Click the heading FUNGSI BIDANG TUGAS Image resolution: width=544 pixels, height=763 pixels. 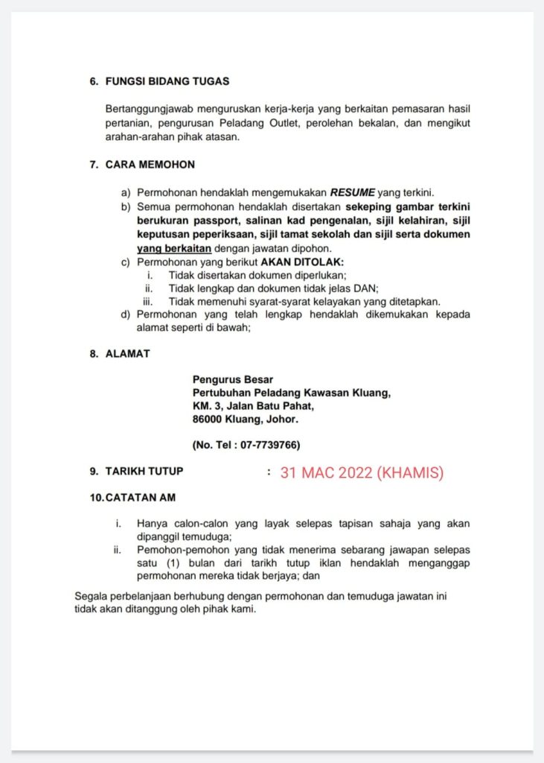click(x=167, y=80)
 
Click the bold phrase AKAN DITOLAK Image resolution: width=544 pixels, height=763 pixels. click(x=302, y=262)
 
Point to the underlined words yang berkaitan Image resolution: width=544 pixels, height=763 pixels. click(x=174, y=248)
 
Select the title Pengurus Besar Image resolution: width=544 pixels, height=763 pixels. click(x=232, y=379)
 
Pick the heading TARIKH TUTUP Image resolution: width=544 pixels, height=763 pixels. click(x=144, y=471)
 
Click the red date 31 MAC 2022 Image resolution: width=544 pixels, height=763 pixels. click(x=326, y=472)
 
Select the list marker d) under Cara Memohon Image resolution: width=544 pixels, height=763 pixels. click(x=126, y=314)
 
